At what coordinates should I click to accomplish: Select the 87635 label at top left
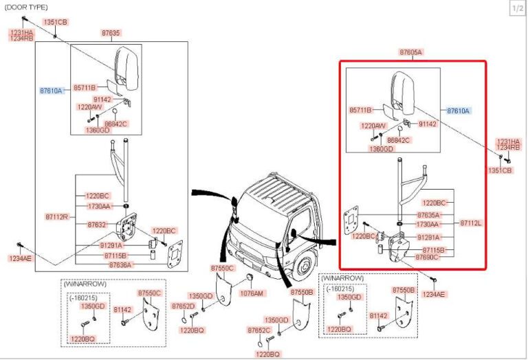tap(111, 32)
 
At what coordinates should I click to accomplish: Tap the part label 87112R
tap(58, 216)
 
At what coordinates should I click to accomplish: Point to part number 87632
tap(97, 225)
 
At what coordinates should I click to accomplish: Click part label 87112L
tap(471, 223)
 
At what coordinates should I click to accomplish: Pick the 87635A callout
tap(430, 215)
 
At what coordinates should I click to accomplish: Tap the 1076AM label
tap(252, 293)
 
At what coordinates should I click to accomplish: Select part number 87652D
tap(183, 306)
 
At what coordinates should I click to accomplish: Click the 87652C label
tap(259, 330)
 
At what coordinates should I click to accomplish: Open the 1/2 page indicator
tap(517, 8)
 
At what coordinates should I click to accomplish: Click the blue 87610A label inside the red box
tap(461, 110)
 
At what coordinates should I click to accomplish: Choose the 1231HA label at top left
tap(21, 33)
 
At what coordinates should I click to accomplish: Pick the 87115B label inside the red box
tap(434, 249)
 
